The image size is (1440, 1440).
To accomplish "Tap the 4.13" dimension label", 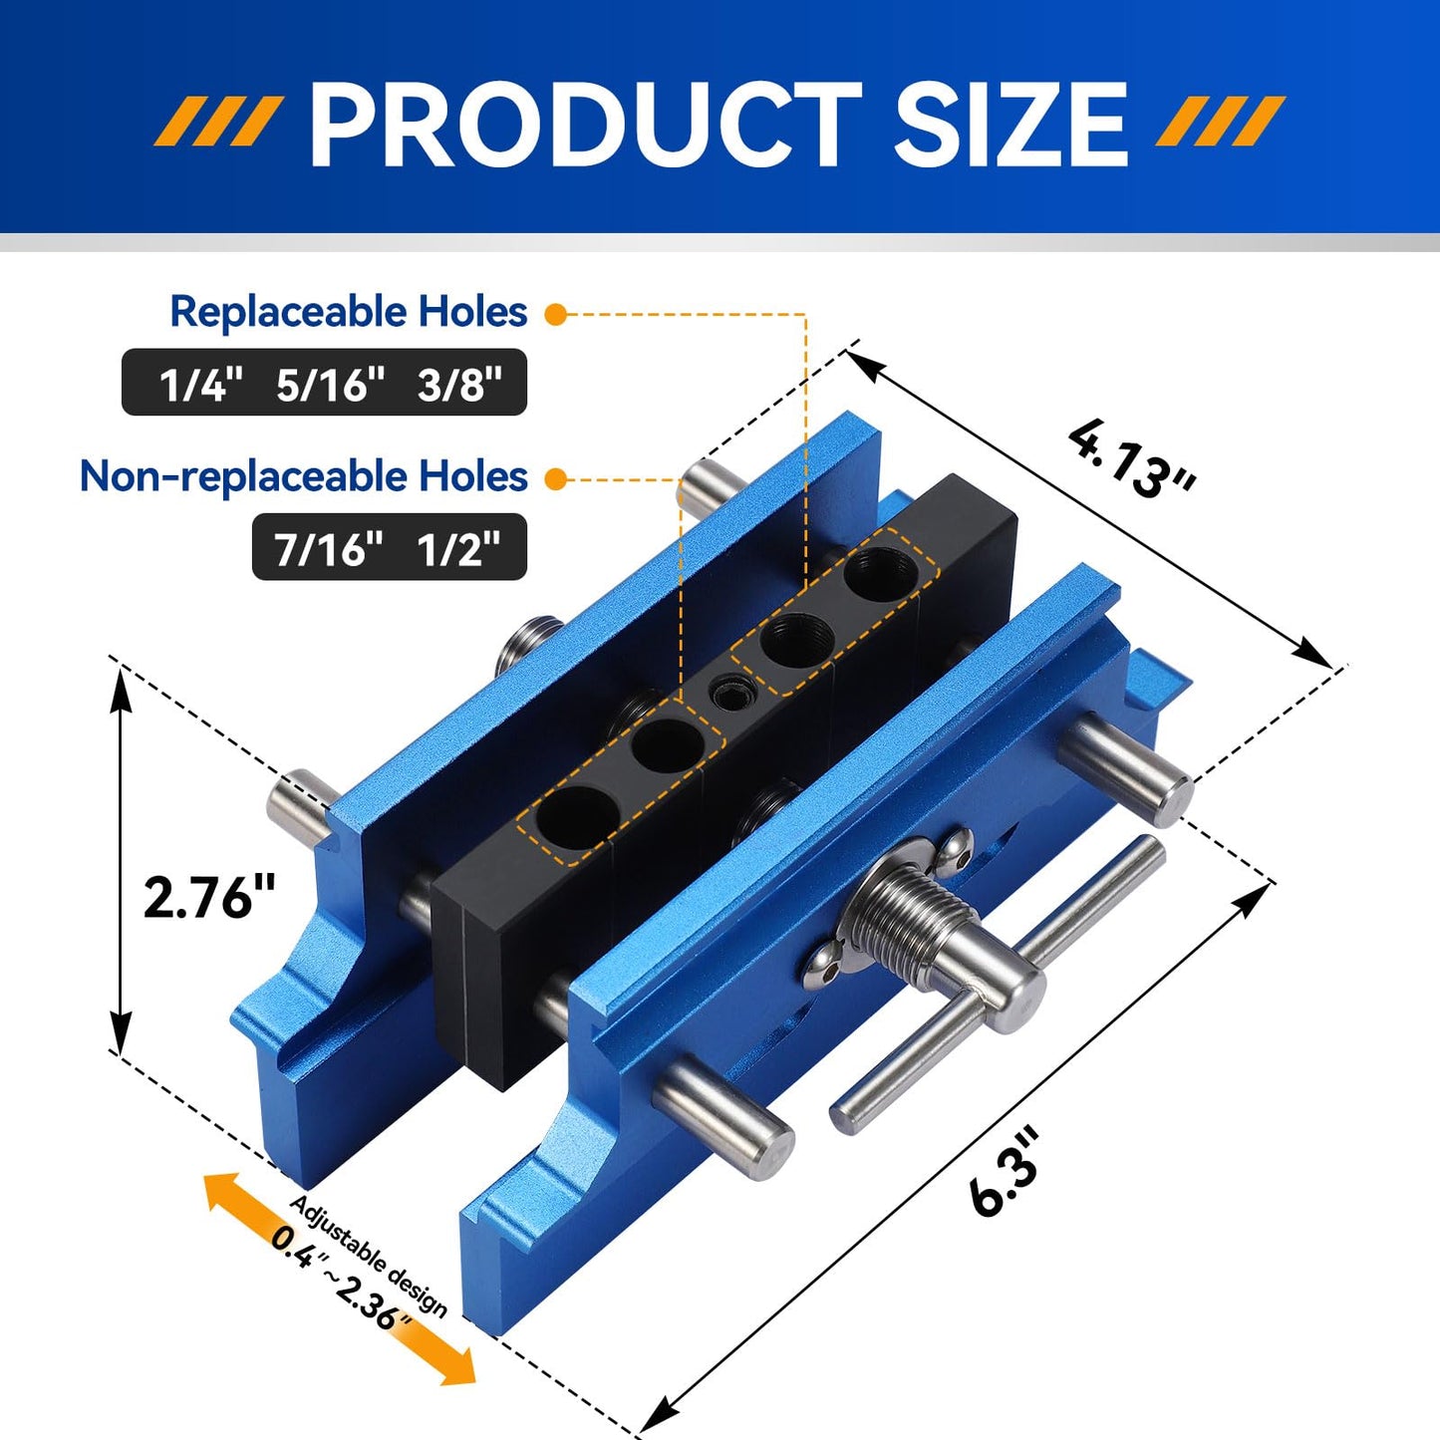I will [1132, 458].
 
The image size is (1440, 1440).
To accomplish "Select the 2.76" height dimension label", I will [209, 897].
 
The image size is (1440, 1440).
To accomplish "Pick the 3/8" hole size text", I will [459, 384].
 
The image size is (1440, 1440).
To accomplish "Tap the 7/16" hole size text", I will [329, 548].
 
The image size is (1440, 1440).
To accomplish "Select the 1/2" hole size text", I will [458, 548].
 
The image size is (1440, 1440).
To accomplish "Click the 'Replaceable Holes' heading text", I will [348, 312].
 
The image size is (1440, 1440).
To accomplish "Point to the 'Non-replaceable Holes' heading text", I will [303, 476].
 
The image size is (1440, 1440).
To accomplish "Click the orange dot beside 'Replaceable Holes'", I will [556, 315].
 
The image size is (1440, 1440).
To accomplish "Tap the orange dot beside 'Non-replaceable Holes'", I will [556, 479].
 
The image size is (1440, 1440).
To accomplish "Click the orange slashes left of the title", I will [217, 123].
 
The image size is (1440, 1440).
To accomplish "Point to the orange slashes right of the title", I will [1221, 123].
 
